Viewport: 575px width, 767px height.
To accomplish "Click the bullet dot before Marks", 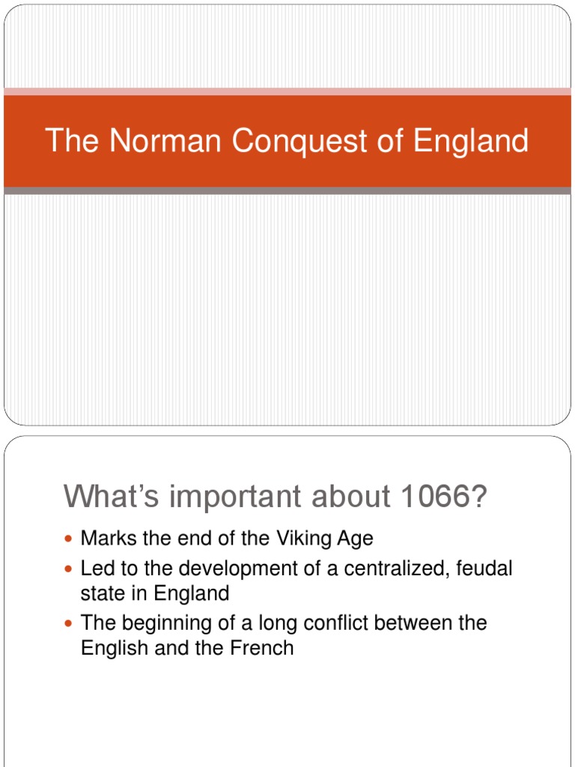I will click(x=70, y=539).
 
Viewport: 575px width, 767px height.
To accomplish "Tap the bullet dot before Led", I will click(x=70, y=570).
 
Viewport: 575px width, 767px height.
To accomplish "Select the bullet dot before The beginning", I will click(x=70, y=624).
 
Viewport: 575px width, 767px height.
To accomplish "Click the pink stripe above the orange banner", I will click(x=287, y=91).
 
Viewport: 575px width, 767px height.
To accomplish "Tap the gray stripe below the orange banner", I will click(x=287, y=191).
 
